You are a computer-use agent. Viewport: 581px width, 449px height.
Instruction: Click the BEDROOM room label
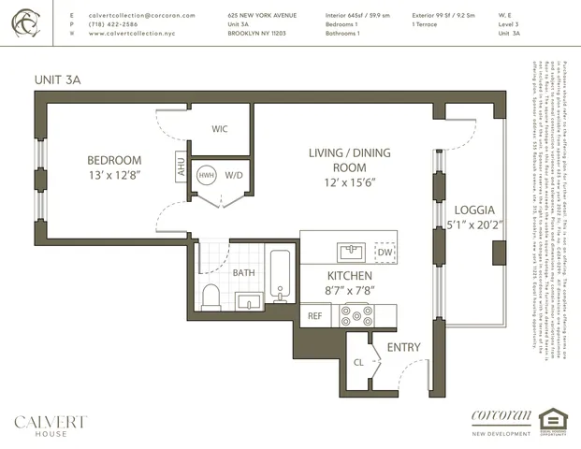pyautogui.click(x=114, y=160)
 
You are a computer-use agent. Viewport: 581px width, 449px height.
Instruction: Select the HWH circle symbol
pyautogui.click(x=206, y=175)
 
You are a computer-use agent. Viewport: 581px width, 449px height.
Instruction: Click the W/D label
pyautogui.click(x=233, y=175)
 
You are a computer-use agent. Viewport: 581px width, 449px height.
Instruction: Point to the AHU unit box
pyautogui.click(x=181, y=167)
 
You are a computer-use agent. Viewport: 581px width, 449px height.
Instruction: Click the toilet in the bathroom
pyautogui.click(x=211, y=296)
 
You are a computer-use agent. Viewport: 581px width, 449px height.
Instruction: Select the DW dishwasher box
pyautogui.click(x=385, y=252)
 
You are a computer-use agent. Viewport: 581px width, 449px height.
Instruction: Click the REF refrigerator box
pyautogui.click(x=315, y=316)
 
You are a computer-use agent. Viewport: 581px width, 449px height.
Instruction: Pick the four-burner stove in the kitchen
pyautogui.click(x=356, y=315)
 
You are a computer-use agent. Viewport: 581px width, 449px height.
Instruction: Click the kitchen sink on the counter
pyautogui.click(x=352, y=251)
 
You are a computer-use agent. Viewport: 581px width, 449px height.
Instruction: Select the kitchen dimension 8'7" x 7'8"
pyautogui.click(x=349, y=291)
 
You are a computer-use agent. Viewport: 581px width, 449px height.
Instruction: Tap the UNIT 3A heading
pyautogui.click(x=57, y=81)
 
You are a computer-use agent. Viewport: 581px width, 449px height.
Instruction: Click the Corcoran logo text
pyautogui.click(x=501, y=416)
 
